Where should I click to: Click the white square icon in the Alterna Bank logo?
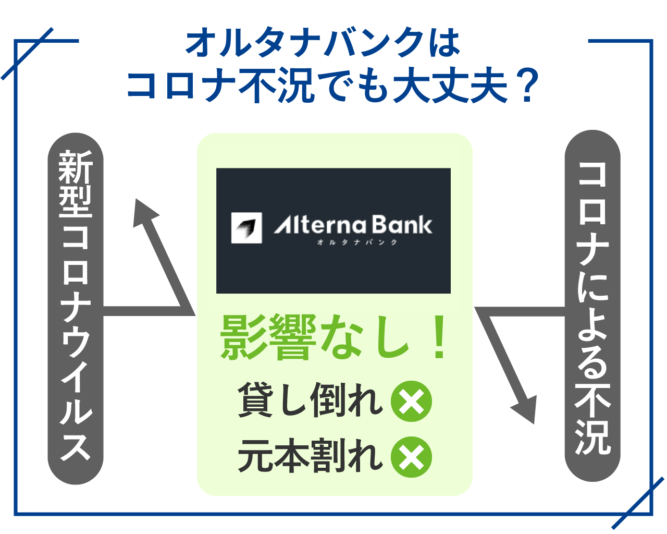coord(246,228)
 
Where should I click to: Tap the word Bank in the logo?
coord(402,225)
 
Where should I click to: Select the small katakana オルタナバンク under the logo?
coord(357,242)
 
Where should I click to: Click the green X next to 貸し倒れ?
coord(411,401)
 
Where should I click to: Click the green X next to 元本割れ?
coord(411,457)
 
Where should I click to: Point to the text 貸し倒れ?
coord(310,400)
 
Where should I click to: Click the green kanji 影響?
coord(268,337)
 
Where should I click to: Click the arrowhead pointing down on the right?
coord(526,410)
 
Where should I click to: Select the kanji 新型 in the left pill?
coord(76,184)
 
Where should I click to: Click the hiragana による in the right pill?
coord(592,326)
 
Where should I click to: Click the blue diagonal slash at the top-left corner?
coord(27,54)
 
